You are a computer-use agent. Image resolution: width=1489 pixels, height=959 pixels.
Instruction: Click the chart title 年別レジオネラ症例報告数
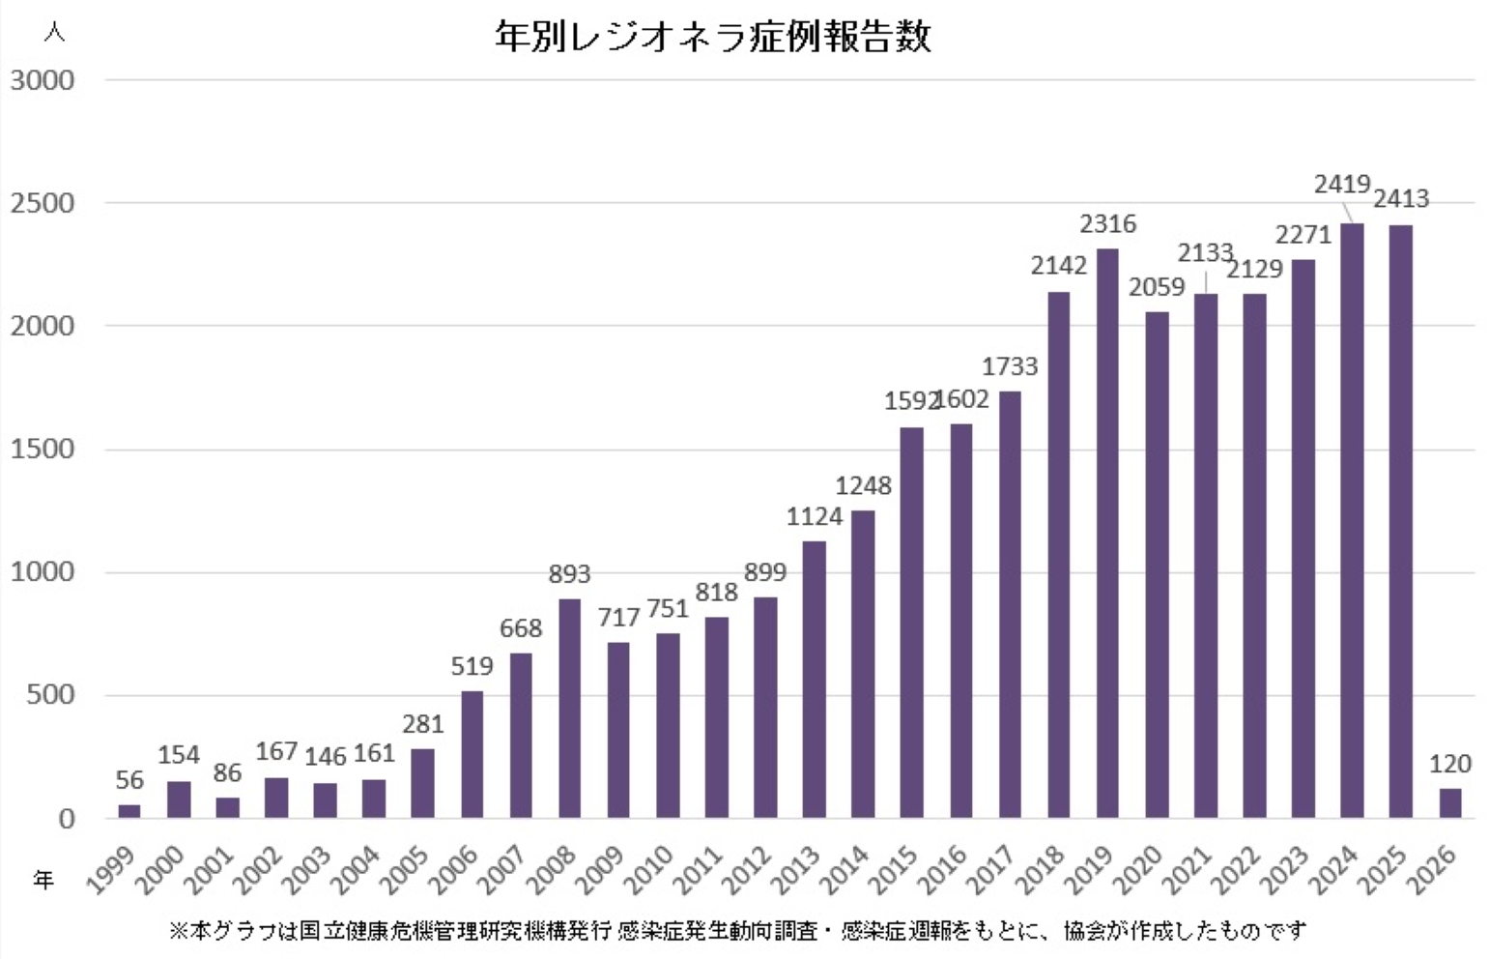coord(712,37)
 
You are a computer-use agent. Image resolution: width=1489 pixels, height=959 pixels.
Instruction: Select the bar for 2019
coord(1107,533)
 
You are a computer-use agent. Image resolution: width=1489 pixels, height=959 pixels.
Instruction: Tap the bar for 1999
coord(129,810)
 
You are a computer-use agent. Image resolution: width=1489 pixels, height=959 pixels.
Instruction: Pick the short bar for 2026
coord(1449,802)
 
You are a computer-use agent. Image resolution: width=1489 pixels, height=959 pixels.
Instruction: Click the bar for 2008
coord(570,708)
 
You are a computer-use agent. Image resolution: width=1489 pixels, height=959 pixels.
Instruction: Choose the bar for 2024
coord(1352,520)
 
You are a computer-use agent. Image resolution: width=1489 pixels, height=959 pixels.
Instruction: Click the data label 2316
coord(1107,224)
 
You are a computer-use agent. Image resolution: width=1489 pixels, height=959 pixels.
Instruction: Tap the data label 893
coord(569,574)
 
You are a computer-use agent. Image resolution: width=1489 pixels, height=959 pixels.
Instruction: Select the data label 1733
coord(1010,366)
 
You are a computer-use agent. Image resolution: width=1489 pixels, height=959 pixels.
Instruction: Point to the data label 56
coord(129,780)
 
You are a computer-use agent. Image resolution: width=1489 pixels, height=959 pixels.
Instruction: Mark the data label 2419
coord(1342,184)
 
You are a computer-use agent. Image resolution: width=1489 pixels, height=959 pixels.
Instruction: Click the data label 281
coord(422,724)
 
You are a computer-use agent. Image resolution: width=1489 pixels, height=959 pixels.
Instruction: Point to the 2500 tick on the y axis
coord(43,203)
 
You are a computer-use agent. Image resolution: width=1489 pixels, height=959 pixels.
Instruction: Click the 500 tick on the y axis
coord(50,695)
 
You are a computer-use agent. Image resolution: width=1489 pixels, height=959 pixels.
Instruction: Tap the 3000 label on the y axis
coord(43,80)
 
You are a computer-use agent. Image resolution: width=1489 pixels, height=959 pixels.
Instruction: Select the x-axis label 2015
coord(893,869)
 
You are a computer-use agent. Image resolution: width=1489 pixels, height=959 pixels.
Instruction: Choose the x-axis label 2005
coord(404,869)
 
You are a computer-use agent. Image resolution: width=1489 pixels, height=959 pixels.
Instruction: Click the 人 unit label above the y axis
coord(54,32)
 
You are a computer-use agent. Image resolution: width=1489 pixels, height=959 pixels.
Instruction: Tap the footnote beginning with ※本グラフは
coord(736,931)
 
